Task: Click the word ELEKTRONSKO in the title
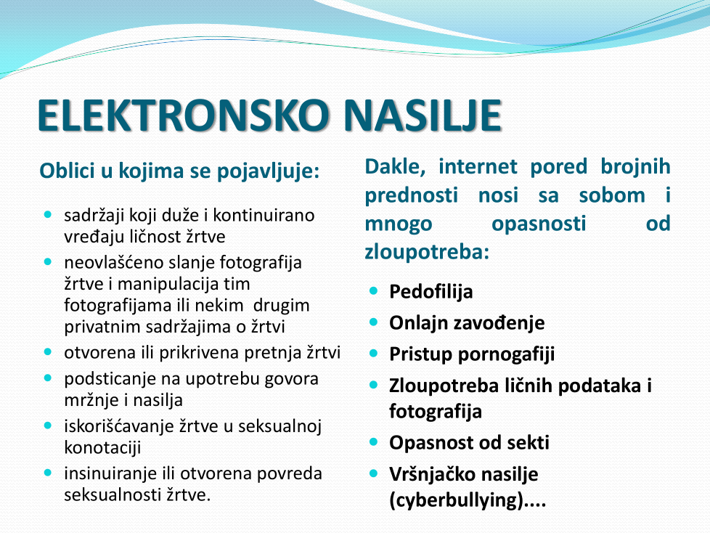tap(182, 115)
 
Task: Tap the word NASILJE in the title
tap(423, 115)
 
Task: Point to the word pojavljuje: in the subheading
tap(268, 172)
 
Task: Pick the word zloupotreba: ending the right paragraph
tap(427, 252)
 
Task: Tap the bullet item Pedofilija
tap(431, 292)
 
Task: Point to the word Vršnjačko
tap(431, 474)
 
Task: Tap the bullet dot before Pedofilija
tap(374, 290)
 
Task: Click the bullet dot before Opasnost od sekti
tap(374, 442)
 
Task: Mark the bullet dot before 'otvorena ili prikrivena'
tap(48, 352)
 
